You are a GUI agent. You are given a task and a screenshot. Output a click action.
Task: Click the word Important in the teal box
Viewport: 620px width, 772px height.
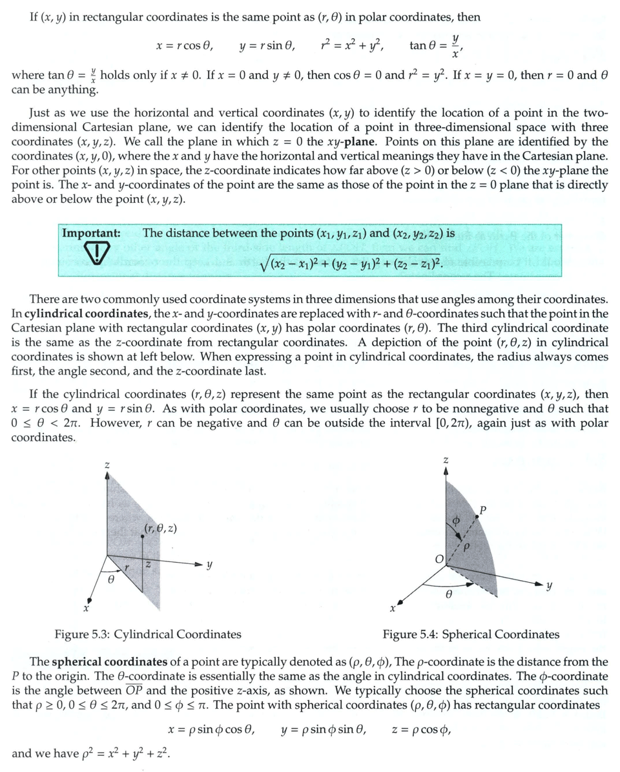(x=91, y=233)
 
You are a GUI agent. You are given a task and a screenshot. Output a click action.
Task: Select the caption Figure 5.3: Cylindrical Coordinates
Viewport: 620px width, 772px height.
(x=147, y=634)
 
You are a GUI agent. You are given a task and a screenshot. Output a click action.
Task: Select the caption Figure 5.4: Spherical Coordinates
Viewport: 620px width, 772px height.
(x=471, y=634)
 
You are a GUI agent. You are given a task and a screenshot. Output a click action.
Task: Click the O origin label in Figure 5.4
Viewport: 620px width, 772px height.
(x=437, y=559)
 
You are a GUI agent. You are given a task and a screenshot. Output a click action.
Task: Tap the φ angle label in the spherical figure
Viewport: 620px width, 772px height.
(x=455, y=520)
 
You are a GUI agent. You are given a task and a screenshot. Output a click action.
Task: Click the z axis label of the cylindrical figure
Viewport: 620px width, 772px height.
(x=107, y=464)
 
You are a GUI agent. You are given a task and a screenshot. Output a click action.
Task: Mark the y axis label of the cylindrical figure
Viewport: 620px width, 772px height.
(x=209, y=567)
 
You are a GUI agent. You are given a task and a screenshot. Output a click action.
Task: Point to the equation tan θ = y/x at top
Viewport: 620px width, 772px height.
(x=437, y=45)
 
